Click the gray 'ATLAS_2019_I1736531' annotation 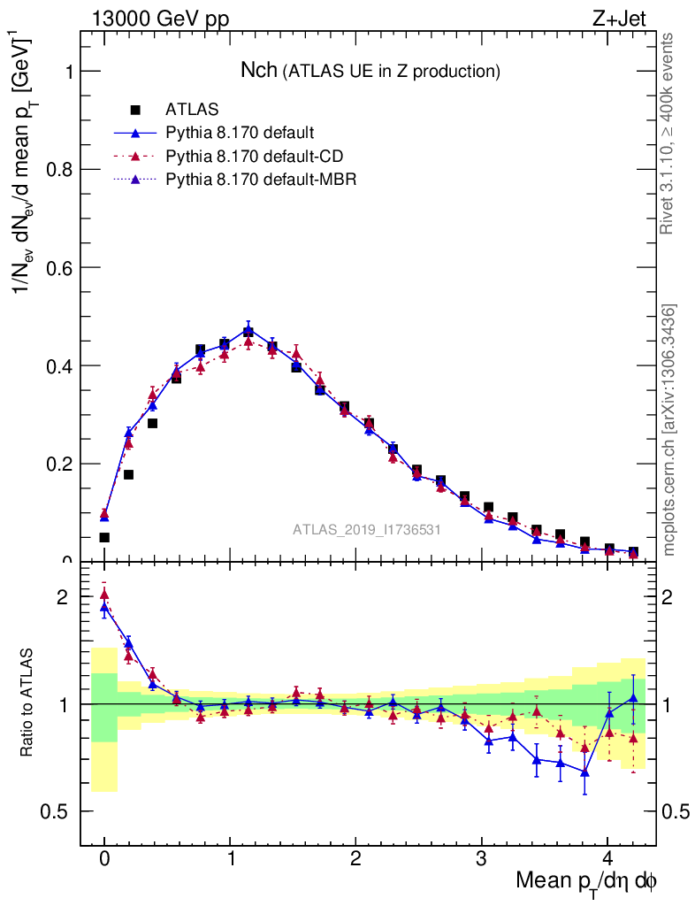click(367, 529)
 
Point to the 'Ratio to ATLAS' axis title click(27, 703)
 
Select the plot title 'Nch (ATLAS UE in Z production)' click(371, 70)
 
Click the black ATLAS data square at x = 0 click(104, 537)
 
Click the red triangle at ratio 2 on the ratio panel click(104, 595)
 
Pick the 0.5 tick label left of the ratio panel click(59, 811)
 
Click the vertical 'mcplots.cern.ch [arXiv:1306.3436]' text click(670, 430)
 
